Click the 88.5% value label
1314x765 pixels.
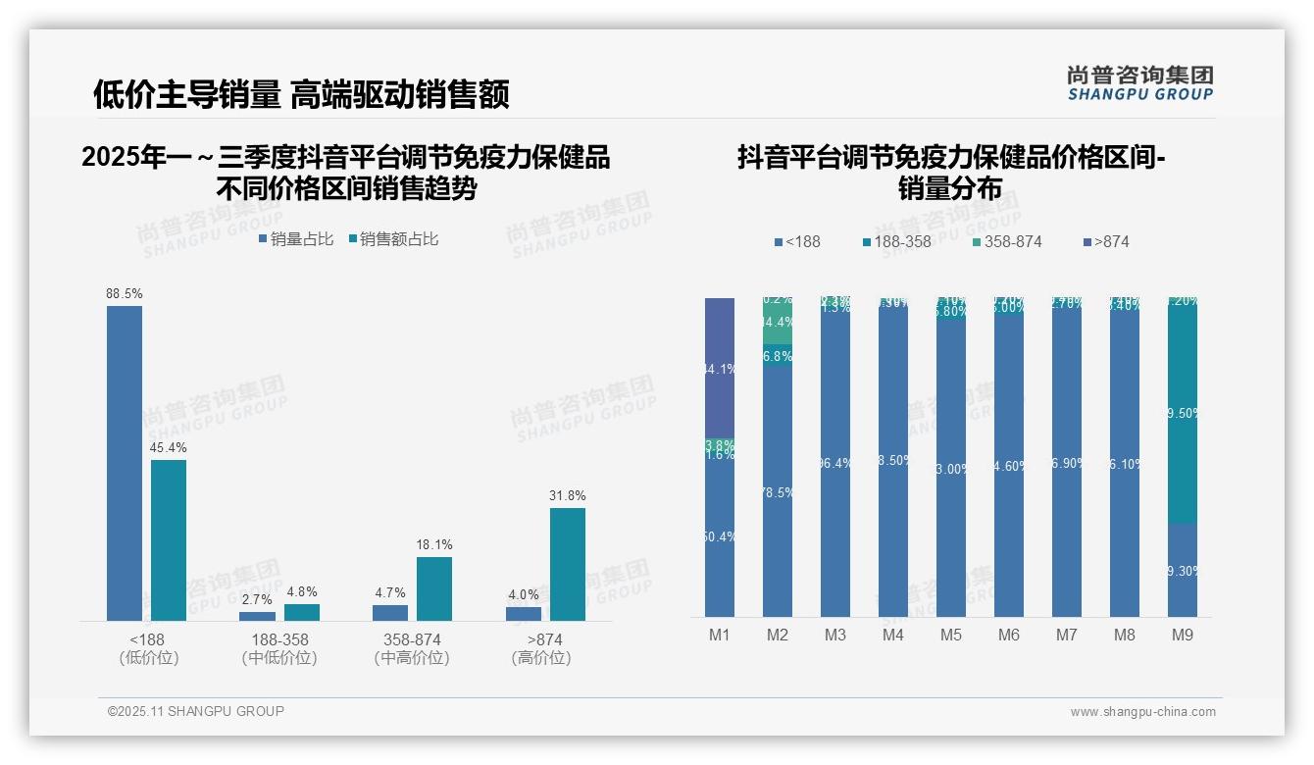coord(125,293)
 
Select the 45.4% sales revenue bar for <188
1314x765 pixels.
coord(169,539)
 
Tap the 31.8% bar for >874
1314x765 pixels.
coord(568,564)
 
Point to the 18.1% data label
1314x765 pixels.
coord(434,544)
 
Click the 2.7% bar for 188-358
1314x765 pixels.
coord(258,616)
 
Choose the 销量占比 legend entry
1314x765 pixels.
coord(296,239)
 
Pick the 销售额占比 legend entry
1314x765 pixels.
coord(393,239)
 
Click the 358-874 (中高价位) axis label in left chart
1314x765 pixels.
coord(412,648)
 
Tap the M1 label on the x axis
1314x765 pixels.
coord(720,636)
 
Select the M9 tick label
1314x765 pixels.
coord(1183,636)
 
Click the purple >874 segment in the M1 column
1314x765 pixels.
coord(720,368)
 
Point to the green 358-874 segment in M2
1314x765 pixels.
coord(778,323)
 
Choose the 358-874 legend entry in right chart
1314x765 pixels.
coord(1007,241)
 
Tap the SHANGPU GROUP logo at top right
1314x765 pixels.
coord(1140,82)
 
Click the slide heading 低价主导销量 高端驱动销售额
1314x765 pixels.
coord(301,94)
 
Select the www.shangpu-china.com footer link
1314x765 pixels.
coord(1142,712)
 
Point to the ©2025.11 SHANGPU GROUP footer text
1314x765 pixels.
coord(196,711)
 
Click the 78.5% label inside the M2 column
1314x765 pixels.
coord(778,492)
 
